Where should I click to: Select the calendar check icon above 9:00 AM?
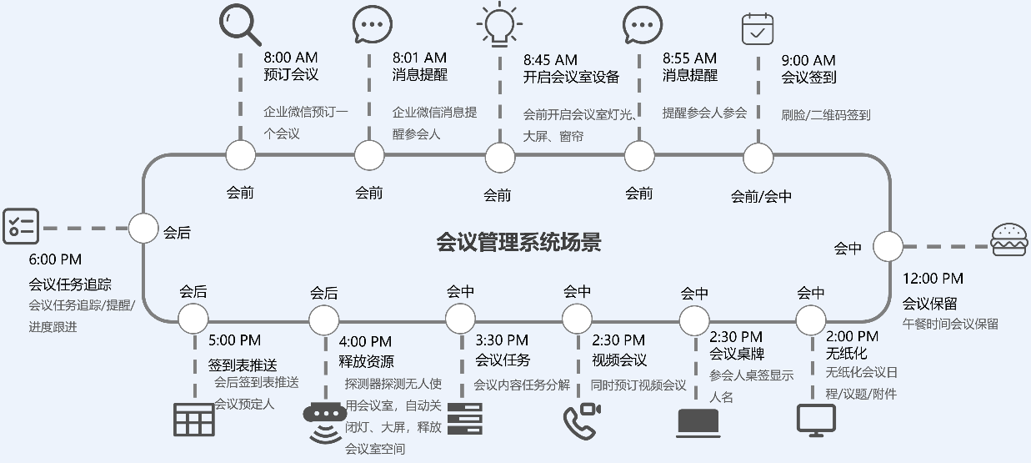(x=758, y=28)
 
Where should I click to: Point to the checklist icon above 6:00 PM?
(x=21, y=226)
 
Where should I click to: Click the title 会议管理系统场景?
(x=518, y=243)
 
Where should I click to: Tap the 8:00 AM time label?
(x=292, y=58)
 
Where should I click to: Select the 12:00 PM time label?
(x=933, y=279)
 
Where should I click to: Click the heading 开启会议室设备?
(x=571, y=77)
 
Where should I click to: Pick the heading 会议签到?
(x=808, y=78)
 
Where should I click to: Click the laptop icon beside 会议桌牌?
(x=698, y=423)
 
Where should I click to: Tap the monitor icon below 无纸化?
(x=816, y=420)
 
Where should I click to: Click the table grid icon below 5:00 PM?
(x=193, y=420)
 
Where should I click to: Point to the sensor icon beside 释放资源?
(x=325, y=421)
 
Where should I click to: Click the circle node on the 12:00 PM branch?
(x=887, y=246)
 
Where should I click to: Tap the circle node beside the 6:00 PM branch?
(x=143, y=228)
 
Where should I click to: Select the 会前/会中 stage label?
(x=761, y=197)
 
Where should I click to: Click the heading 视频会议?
(x=619, y=360)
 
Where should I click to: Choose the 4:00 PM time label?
(x=365, y=341)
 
